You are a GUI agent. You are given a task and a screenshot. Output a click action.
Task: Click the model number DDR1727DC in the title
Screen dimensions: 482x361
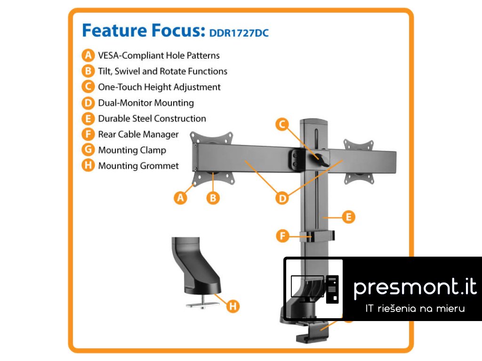click(x=239, y=33)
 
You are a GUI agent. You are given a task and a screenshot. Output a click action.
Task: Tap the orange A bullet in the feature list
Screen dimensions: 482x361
click(x=88, y=55)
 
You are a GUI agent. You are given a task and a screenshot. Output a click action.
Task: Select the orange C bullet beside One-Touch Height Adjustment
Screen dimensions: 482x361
click(x=88, y=87)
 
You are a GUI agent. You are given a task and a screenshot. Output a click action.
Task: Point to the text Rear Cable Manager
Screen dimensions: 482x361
click(x=138, y=134)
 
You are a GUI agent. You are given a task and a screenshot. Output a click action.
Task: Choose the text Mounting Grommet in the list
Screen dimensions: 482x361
click(x=138, y=166)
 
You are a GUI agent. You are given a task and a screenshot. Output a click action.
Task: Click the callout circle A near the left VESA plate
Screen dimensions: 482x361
click(x=180, y=198)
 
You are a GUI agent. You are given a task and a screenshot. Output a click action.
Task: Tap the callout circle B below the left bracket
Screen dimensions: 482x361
click(x=213, y=198)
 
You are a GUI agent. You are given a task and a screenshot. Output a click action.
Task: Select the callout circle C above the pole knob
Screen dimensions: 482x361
click(x=282, y=124)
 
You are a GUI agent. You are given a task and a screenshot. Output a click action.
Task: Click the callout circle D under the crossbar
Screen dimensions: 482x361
click(x=282, y=198)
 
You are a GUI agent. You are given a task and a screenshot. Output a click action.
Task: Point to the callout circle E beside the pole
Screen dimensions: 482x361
click(x=348, y=217)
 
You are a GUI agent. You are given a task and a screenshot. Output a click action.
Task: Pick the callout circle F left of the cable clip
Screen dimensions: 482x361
click(x=282, y=235)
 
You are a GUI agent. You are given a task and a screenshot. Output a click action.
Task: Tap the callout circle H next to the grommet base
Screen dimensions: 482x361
click(x=233, y=306)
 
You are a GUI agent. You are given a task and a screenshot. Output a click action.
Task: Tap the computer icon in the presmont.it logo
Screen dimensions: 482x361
click(x=313, y=288)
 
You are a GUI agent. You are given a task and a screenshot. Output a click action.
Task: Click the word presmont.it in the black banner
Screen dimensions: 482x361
click(x=415, y=287)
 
